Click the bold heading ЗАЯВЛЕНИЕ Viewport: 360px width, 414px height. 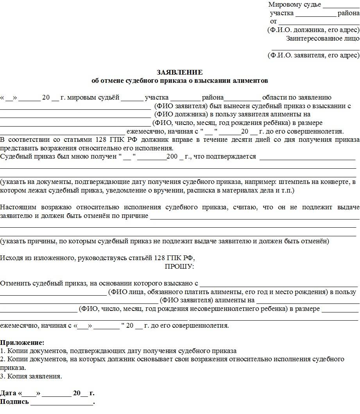[179, 72]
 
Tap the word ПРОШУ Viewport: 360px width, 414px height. [179, 266]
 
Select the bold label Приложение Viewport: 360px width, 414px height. [22, 343]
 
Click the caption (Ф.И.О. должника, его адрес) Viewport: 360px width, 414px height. [313, 30]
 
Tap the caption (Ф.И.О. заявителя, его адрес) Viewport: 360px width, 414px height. [313, 55]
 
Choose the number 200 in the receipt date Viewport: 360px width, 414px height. [172, 157]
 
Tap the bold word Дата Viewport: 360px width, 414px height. [8, 393]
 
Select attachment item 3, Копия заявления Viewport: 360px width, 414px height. [31, 376]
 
